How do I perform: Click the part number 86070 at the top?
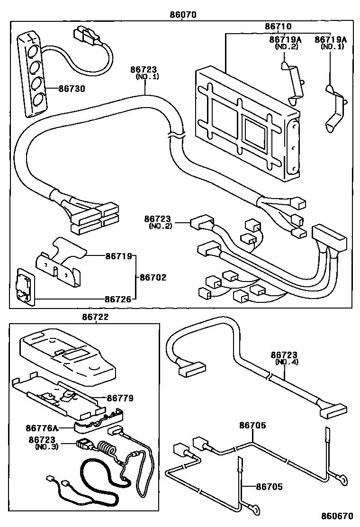pyautogui.click(x=183, y=14)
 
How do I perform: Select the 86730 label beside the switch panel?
pyautogui.click(x=72, y=89)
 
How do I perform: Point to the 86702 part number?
pyautogui.click(x=153, y=277)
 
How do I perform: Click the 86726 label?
pyautogui.click(x=117, y=299)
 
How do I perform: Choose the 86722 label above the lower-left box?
pyautogui.click(x=96, y=318)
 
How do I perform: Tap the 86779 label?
pyautogui.click(x=120, y=398)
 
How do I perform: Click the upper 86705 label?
pyautogui.click(x=252, y=426)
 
